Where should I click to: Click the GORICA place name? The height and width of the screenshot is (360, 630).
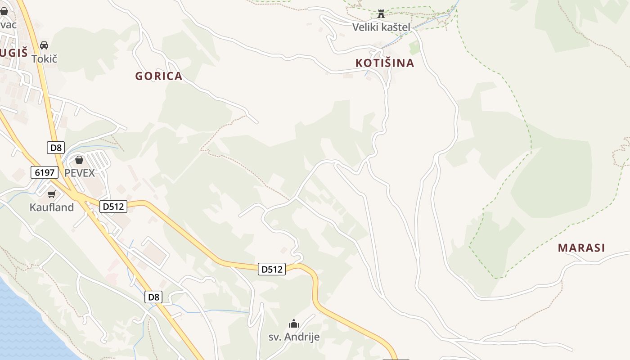[x=159, y=76]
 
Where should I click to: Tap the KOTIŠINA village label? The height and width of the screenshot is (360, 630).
[x=385, y=63]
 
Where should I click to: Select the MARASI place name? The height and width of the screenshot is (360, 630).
[x=581, y=247]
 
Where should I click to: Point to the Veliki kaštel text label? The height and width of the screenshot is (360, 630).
[x=381, y=27]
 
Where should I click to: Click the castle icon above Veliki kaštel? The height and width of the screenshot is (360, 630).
[x=381, y=14]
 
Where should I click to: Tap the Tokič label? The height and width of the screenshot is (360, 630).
[x=45, y=58]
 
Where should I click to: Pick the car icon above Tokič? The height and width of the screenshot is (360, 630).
[x=44, y=45]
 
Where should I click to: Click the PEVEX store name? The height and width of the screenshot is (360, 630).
[x=80, y=173]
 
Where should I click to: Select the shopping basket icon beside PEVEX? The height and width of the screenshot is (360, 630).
[x=79, y=160]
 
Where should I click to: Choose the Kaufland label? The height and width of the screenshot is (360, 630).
[x=52, y=207]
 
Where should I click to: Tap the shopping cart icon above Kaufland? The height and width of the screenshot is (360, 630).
[x=51, y=194]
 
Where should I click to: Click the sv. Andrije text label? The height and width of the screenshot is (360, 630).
[x=294, y=337]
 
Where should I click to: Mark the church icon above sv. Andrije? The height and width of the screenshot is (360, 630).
[x=294, y=324]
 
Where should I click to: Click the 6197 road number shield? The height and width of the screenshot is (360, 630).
[x=45, y=172]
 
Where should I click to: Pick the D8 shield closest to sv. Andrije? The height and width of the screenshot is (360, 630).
[x=154, y=297]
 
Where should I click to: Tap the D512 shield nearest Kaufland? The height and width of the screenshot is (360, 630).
[x=113, y=207]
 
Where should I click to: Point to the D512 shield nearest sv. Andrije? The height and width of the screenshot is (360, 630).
[x=272, y=270]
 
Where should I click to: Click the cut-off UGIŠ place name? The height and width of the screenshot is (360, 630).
[x=13, y=53]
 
